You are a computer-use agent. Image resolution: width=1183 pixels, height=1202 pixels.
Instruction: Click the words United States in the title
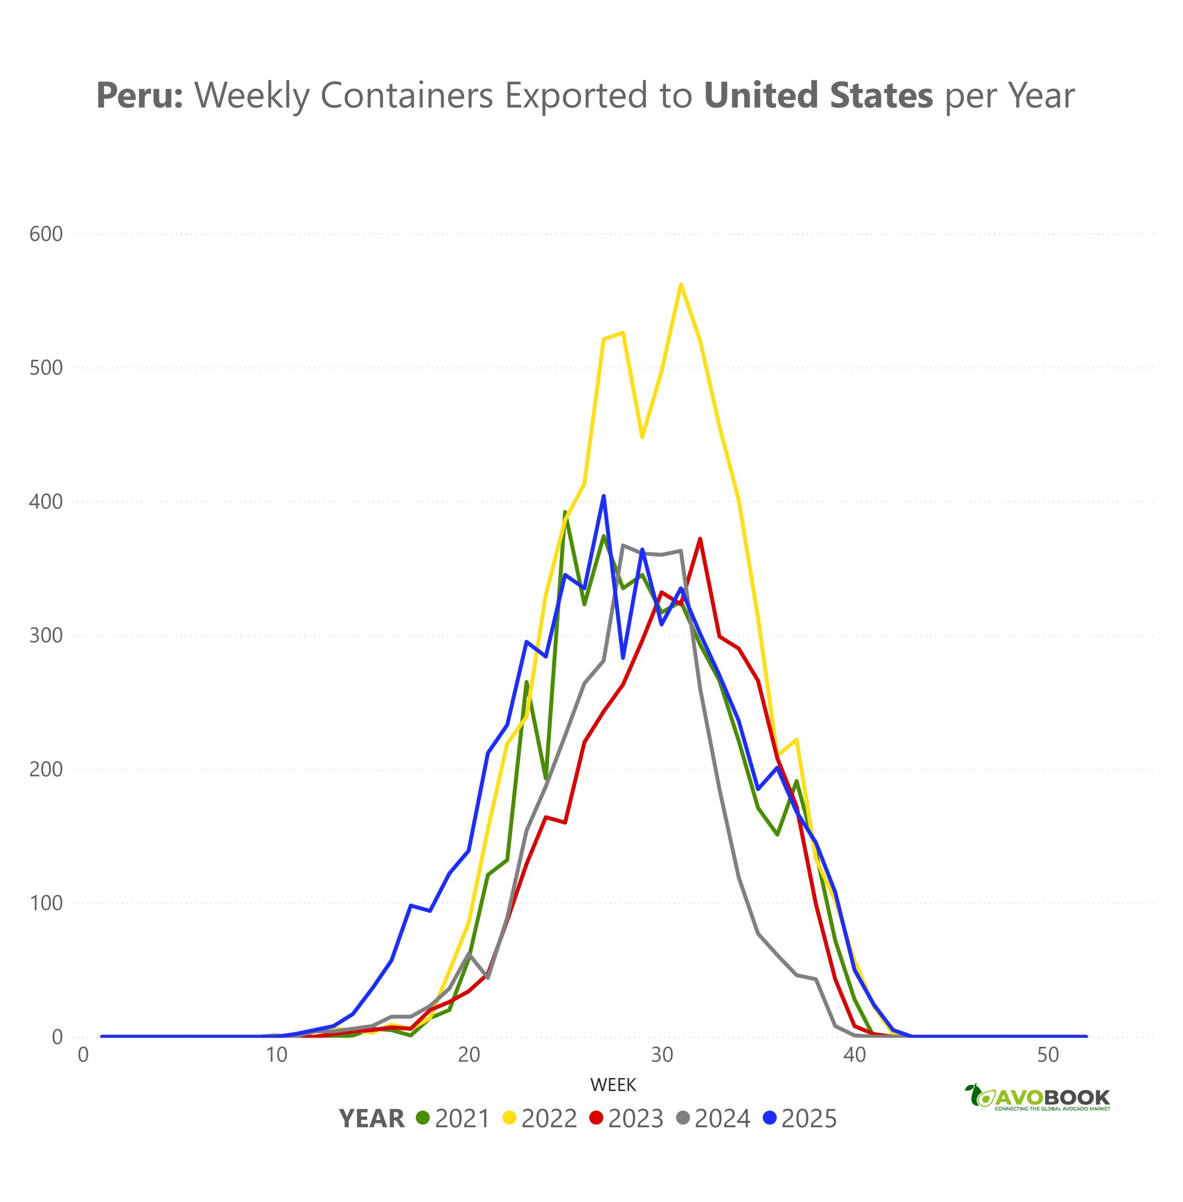817,96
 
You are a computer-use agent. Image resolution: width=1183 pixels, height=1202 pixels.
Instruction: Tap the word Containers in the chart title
406,96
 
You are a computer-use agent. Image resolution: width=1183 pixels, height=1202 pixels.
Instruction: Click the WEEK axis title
613,1085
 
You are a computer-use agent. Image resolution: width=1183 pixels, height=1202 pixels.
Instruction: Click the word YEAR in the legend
372,1119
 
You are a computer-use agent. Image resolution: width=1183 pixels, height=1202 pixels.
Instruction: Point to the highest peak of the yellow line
681,285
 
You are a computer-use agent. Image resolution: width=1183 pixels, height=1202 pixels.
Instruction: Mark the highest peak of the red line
700,539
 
